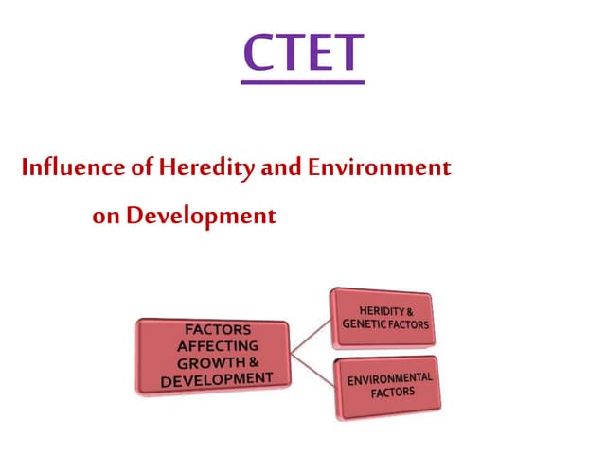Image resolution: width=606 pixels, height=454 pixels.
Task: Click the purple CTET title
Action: tap(302, 54)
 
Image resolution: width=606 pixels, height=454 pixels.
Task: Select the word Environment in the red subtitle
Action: tap(379, 169)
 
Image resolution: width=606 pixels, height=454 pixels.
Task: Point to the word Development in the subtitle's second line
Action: tap(202, 216)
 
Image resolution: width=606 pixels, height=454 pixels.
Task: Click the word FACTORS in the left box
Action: tap(216, 330)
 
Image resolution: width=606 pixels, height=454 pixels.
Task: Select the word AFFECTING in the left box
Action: tap(215, 346)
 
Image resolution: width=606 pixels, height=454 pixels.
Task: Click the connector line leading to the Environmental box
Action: tap(310, 368)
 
